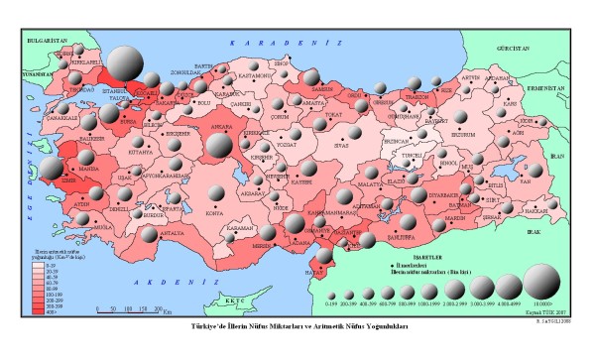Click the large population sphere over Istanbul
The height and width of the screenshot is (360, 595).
pos(126,65)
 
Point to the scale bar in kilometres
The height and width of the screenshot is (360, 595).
pos(129,308)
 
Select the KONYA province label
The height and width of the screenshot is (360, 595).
pos(213,211)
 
